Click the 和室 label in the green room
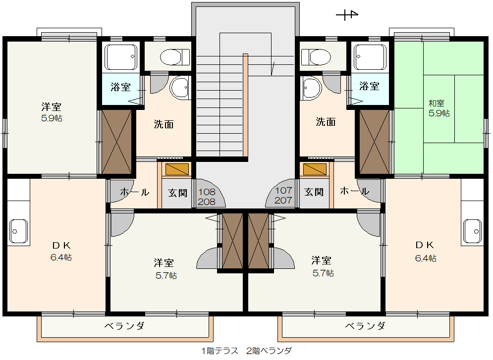(x=437, y=103)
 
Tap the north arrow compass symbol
(x=347, y=14)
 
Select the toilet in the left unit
(x=175, y=57)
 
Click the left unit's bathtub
(x=121, y=57)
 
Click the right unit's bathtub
(x=370, y=57)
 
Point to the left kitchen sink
(x=18, y=231)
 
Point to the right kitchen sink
(x=472, y=231)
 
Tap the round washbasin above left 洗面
(x=180, y=87)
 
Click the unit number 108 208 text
(x=207, y=197)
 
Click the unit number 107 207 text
(x=283, y=196)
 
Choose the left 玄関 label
(x=177, y=193)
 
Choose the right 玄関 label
(x=314, y=192)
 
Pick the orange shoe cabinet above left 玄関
(x=177, y=169)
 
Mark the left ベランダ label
(x=124, y=326)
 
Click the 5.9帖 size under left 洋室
(x=52, y=118)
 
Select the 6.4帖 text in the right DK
(x=426, y=258)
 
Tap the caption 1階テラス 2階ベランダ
(x=247, y=351)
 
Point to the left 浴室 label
(x=120, y=87)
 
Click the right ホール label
(x=354, y=191)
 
